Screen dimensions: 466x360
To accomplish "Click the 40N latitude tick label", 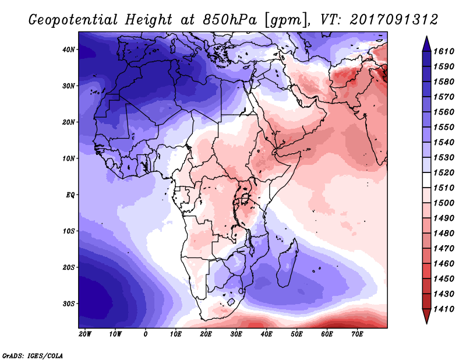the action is pyautogui.click(x=69, y=50).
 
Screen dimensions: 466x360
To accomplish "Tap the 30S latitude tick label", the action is pyautogui.click(x=69, y=304).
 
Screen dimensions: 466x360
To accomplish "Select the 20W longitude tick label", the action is pyautogui.click(x=85, y=334).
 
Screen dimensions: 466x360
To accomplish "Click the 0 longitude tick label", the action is pyautogui.click(x=145, y=334).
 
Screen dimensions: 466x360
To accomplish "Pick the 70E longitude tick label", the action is pyautogui.click(x=357, y=334).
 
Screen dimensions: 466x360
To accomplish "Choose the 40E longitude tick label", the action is pyautogui.click(x=266, y=334).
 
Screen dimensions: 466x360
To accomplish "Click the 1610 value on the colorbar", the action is pyautogui.click(x=444, y=51).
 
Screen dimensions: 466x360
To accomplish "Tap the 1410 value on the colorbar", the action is pyautogui.click(x=444, y=309).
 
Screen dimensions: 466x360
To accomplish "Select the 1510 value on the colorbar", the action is pyautogui.click(x=444, y=188).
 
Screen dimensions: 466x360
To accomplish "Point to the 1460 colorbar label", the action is pyautogui.click(x=444, y=264).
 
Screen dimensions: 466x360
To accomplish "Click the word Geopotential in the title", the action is pyautogui.click(x=73, y=20).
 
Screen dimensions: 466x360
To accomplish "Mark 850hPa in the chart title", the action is pyautogui.click(x=230, y=20).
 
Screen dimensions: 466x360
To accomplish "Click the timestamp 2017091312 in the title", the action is pyautogui.click(x=394, y=20).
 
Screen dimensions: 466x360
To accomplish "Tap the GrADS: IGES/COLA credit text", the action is pyautogui.click(x=33, y=356).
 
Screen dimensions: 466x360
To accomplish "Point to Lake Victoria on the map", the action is pyautogui.click(x=245, y=198).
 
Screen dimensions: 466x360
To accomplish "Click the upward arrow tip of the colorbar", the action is pyautogui.click(x=426, y=37).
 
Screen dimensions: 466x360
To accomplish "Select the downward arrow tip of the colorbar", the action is pyautogui.click(x=426, y=323).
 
